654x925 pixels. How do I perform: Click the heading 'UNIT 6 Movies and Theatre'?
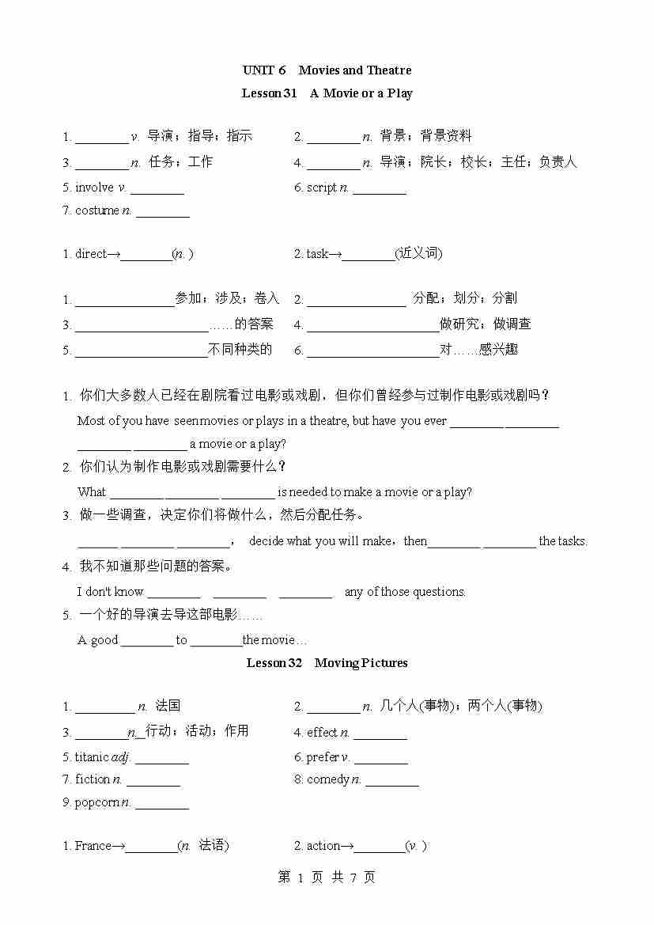pyautogui.click(x=327, y=70)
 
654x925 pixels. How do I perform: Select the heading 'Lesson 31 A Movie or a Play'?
pyautogui.click(x=327, y=93)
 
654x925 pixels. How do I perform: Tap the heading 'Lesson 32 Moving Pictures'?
pyautogui.click(x=327, y=663)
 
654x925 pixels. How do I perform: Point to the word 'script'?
pyautogui.click(x=321, y=188)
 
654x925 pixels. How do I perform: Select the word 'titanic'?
pyautogui.click(x=91, y=757)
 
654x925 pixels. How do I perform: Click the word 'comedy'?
pyautogui.click(x=327, y=779)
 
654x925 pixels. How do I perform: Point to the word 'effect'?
pyautogui.click(x=322, y=733)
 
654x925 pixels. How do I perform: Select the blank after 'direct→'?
pyautogui.click(x=146, y=256)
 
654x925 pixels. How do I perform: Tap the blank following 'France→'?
pyautogui.click(x=150, y=847)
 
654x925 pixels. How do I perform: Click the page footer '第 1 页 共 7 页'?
pyautogui.click(x=327, y=877)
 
